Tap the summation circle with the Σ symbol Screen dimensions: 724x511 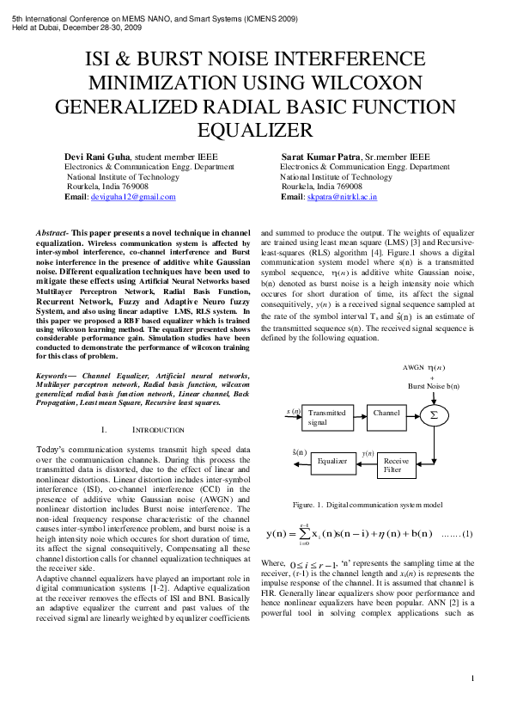[435, 415]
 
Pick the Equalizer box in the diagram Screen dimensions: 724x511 [332, 461]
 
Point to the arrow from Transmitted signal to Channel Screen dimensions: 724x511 [358, 417]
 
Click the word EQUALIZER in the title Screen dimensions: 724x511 [254, 130]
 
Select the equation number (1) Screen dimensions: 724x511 [467, 536]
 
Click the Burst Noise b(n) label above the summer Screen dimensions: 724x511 [434, 387]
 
